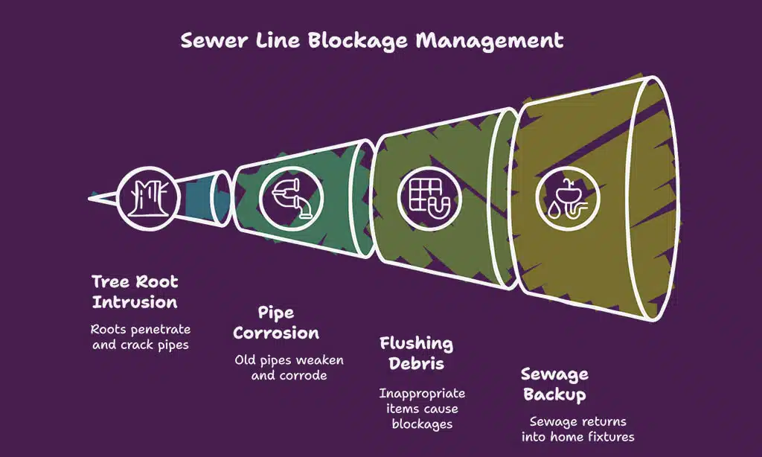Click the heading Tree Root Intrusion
point(135,292)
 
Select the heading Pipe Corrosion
point(276,322)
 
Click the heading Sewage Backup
point(554,383)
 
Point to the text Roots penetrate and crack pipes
point(141,336)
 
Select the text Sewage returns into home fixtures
point(577,429)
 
